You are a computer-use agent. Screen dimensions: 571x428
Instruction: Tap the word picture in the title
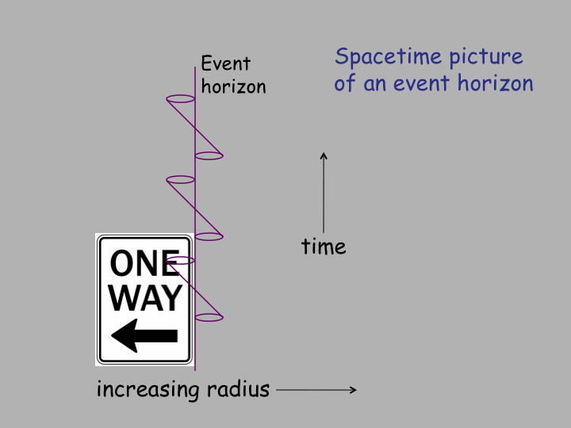(486, 58)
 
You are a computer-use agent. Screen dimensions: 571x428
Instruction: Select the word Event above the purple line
(226, 63)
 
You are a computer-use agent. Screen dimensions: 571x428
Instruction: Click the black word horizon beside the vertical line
(233, 86)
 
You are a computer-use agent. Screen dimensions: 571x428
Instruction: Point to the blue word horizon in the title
(495, 83)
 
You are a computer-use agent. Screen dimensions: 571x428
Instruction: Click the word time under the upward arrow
(324, 246)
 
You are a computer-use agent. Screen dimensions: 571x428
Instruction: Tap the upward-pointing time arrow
(324, 193)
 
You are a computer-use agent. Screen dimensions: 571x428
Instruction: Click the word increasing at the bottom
(148, 390)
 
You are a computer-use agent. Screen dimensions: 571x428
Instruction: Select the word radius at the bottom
(238, 389)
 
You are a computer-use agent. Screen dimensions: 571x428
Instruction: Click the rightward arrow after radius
(316, 390)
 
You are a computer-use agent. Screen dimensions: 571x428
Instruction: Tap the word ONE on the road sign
(144, 263)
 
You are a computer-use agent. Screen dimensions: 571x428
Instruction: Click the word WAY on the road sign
(145, 298)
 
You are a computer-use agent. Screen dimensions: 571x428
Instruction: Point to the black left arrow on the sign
(144, 335)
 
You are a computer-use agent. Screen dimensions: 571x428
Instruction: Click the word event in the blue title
(422, 83)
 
